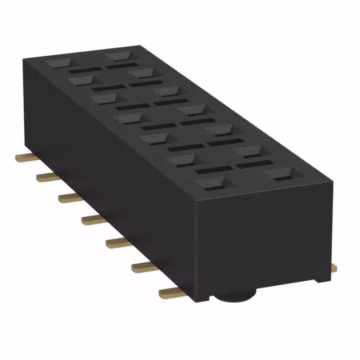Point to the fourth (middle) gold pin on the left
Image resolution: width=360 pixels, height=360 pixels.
[93, 219]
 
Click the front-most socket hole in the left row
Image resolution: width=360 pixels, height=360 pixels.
[210, 183]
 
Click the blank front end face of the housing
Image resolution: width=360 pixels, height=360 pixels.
[264, 242]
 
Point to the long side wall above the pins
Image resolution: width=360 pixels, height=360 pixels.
[107, 169]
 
